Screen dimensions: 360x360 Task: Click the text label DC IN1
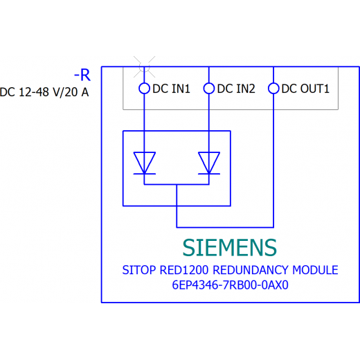click(x=171, y=89)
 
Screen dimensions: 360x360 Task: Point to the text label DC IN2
click(x=236, y=89)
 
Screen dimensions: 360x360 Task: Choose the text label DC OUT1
click(x=305, y=89)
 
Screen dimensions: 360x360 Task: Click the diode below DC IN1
click(x=145, y=163)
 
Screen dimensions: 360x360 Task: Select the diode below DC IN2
click(x=209, y=163)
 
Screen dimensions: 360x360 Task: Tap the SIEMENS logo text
click(x=230, y=248)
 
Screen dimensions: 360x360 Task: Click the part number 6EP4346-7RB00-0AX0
click(x=231, y=285)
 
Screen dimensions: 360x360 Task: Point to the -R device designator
click(x=82, y=75)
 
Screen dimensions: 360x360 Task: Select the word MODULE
click(x=315, y=270)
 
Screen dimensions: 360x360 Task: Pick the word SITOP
click(x=139, y=270)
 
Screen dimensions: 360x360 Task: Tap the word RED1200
click(x=184, y=270)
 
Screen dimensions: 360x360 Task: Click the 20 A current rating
click(x=77, y=92)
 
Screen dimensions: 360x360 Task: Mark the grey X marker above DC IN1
click(x=145, y=67)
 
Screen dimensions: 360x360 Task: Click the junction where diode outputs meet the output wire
click(x=177, y=185)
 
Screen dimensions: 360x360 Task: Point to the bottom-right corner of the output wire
click(x=273, y=228)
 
